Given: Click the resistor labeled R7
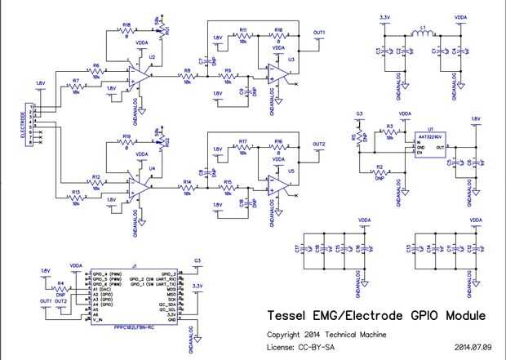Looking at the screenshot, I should (75, 87).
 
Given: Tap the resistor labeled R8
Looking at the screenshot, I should (187, 76).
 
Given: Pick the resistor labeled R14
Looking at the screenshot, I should (187, 188).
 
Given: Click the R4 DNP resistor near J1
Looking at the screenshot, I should (60, 291).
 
